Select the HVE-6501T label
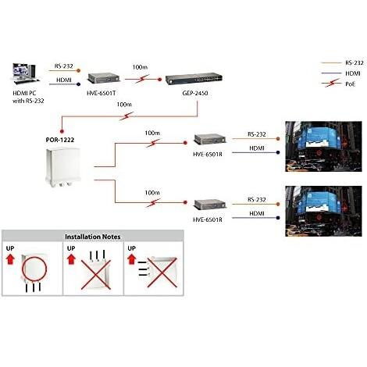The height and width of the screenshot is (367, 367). point(102,92)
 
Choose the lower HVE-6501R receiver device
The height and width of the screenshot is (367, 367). point(208,205)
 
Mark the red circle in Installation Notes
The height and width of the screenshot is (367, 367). point(39,269)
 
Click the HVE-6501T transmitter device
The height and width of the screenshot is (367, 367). point(102,78)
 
